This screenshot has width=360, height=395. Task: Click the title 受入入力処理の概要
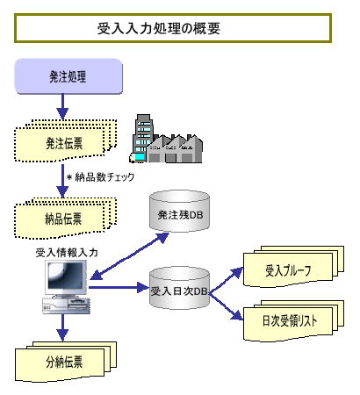point(159,28)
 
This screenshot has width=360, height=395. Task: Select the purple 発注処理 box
point(68,76)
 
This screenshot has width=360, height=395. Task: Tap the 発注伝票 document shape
point(66,140)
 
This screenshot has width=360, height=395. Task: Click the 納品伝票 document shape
point(66,218)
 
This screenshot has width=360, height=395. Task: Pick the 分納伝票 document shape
point(66,362)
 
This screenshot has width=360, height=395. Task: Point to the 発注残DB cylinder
point(180,212)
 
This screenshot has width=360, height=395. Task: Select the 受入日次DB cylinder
point(180,288)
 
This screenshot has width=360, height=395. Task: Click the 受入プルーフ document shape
point(293,267)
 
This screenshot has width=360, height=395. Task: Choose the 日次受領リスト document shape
point(293,321)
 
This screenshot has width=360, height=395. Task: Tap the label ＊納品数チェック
point(100,177)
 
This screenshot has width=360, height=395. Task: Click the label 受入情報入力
point(67,253)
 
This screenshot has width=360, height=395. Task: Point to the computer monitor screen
point(66,276)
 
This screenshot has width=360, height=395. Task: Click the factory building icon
point(166,139)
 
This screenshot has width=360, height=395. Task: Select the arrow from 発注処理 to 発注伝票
point(62,107)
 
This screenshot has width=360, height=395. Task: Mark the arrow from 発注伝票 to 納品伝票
point(62,181)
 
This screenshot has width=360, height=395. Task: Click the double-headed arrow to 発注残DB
point(129,255)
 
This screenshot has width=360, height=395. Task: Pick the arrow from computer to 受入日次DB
point(119,287)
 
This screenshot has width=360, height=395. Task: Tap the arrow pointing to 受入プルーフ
point(227,279)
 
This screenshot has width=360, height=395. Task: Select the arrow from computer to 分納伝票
point(62,327)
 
